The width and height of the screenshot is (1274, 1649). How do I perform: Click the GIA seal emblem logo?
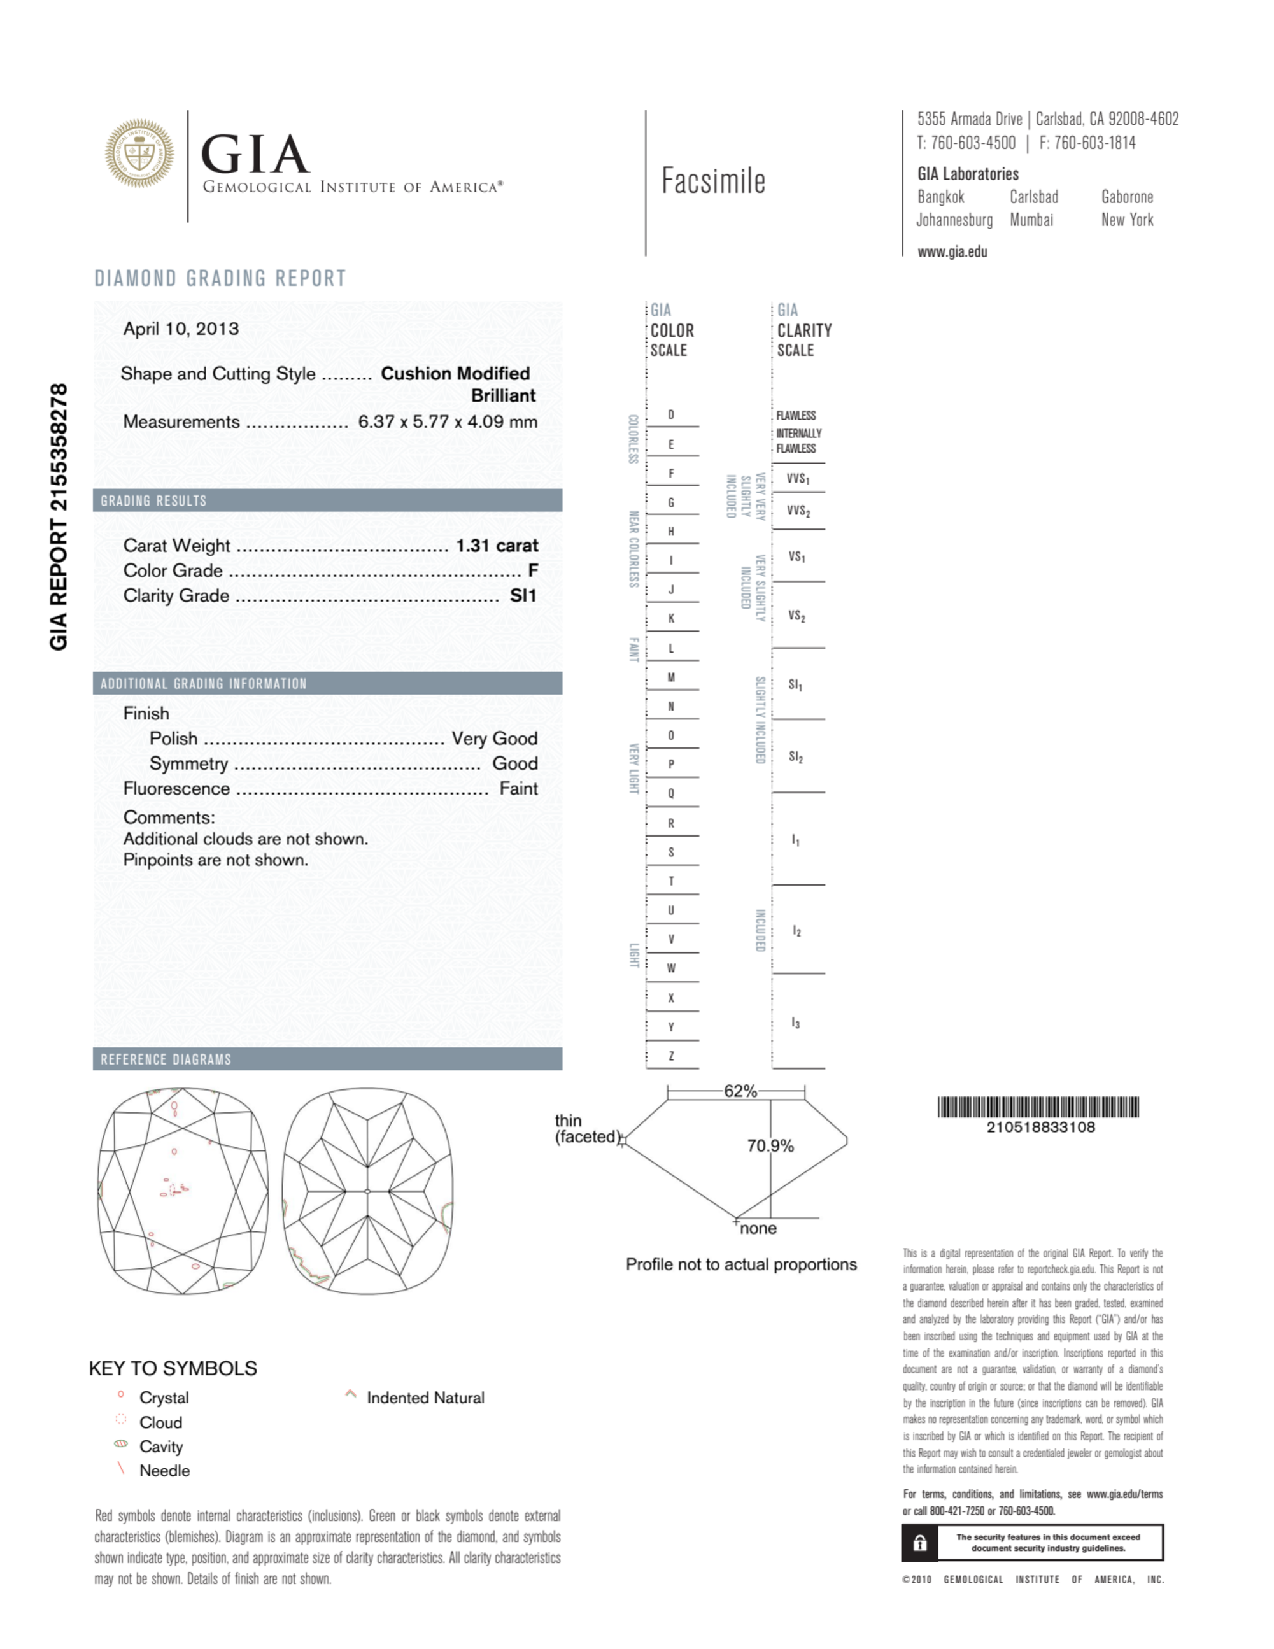click(x=139, y=153)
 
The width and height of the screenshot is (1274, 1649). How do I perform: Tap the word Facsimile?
click(x=713, y=181)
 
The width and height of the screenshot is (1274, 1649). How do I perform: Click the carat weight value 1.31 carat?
click(x=497, y=545)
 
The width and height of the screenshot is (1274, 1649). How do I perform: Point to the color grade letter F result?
click(x=532, y=571)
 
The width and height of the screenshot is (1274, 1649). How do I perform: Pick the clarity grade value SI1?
click(x=523, y=596)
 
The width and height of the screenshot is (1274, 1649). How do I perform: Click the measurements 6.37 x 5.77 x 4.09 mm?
click(x=447, y=421)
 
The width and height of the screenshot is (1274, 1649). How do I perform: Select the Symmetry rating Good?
click(x=514, y=763)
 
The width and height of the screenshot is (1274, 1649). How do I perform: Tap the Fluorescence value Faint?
click(x=518, y=788)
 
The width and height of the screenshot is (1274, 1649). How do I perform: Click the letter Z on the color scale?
click(x=670, y=1056)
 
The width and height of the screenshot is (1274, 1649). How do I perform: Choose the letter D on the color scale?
click(x=670, y=414)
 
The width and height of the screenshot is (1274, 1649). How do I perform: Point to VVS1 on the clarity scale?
click(x=798, y=479)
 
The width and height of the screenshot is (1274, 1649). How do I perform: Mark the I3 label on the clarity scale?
click(x=795, y=1023)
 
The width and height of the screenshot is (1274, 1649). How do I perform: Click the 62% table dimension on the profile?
click(x=740, y=1091)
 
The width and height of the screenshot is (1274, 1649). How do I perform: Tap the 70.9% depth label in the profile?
click(x=770, y=1146)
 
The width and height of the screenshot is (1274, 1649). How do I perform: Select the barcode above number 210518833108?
click(x=1038, y=1107)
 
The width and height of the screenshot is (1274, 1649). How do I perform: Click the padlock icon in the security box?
click(x=920, y=1543)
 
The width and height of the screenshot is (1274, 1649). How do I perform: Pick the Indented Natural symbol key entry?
click(x=425, y=1398)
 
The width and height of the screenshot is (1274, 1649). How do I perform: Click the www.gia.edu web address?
click(x=952, y=252)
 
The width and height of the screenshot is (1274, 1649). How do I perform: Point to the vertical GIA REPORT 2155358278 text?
click(x=59, y=516)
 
